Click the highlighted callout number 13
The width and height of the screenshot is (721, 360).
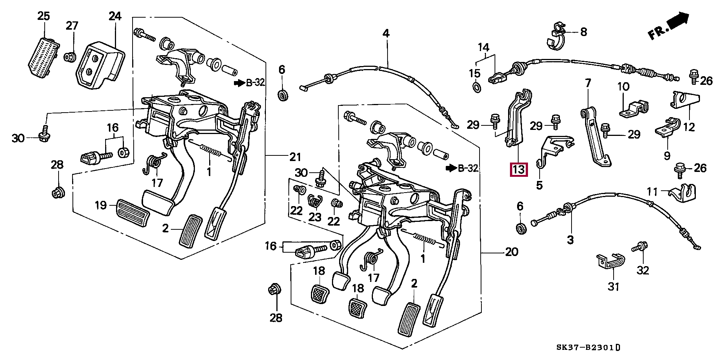[x=518, y=170]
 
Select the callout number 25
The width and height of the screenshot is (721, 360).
[x=44, y=16]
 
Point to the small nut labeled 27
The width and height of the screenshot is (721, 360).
[x=69, y=57]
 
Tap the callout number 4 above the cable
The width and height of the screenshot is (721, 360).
[x=386, y=33]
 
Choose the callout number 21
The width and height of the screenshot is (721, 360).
[x=295, y=156]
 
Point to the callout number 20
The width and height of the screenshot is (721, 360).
[x=511, y=252]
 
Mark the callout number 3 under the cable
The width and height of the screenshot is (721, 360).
[x=570, y=240]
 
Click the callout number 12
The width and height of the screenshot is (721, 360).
[x=689, y=127]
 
